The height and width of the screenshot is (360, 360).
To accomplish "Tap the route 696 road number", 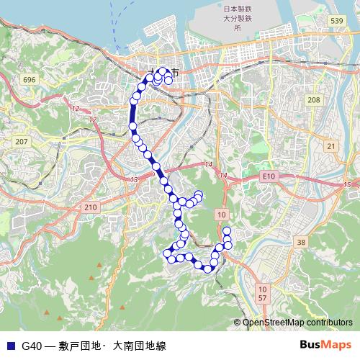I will click(x=29, y=78).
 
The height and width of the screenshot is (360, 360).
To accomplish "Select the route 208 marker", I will click(x=312, y=99).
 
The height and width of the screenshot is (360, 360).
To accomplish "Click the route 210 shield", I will click(x=90, y=207).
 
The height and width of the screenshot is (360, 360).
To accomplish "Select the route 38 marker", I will click(x=301, y=242).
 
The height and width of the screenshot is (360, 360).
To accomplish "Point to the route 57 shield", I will click(x=262, y=297).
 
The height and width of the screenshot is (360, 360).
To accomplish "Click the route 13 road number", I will click(x=133, y=179).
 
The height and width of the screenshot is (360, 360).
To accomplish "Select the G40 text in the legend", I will click(x=31, y=346).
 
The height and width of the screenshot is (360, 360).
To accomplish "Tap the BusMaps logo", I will click(x=325, y=345).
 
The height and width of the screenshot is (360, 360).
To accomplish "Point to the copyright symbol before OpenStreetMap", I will click(x=237, y=323).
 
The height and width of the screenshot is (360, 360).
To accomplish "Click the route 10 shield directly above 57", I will click(x=262, y=288).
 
